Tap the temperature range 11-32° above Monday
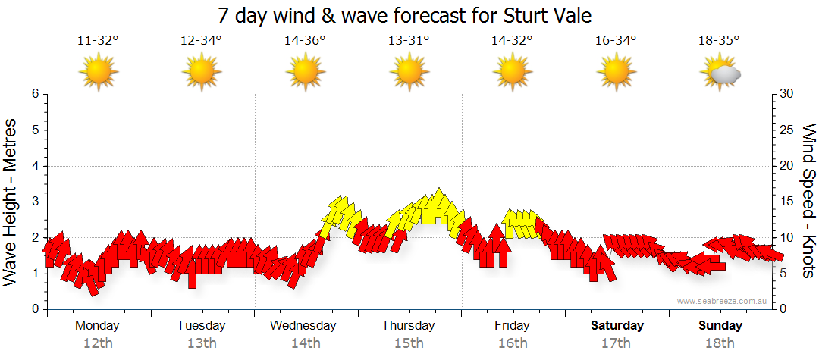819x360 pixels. [98, 41]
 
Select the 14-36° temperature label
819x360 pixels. [305, 41]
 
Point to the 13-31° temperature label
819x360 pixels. [409, 41]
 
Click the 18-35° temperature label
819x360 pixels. [719, 41]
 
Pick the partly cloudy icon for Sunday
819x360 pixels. [720, 73]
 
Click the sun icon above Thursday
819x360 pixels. [409, 73]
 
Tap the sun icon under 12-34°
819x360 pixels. [202, 73]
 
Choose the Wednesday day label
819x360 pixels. [303, 325]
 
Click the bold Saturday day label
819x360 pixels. [617, 325]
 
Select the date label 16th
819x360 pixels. [513, 343]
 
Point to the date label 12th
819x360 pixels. [98, 343]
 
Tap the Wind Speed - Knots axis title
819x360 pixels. [808, 202]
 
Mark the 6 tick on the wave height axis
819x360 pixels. [35, 94]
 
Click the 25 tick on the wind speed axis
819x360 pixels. [787, 130]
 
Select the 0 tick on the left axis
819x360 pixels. [35, 309]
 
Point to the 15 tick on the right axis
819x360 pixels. [787, 202]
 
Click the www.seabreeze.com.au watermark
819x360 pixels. [723, 302]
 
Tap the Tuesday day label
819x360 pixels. [202, 325]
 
